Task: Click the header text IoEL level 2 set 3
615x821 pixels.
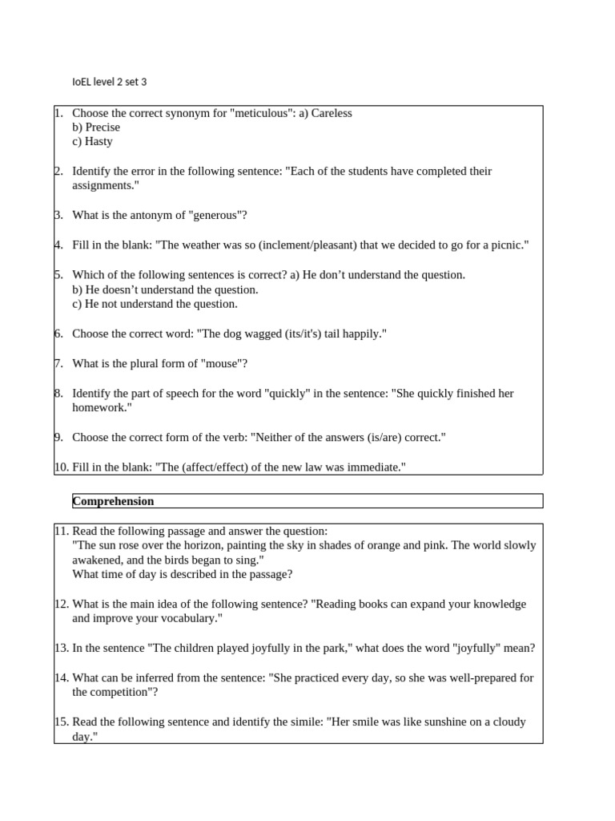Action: point(110,82)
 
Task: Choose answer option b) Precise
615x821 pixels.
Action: point(96,127)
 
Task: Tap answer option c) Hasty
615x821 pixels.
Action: point(92,142)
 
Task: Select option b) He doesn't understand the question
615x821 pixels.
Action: point(165,289)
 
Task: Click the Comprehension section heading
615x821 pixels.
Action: point(113,501)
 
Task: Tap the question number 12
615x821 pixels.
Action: point(62,605)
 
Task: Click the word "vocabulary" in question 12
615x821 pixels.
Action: point(186,619)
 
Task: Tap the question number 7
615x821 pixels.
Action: point(59,364)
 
